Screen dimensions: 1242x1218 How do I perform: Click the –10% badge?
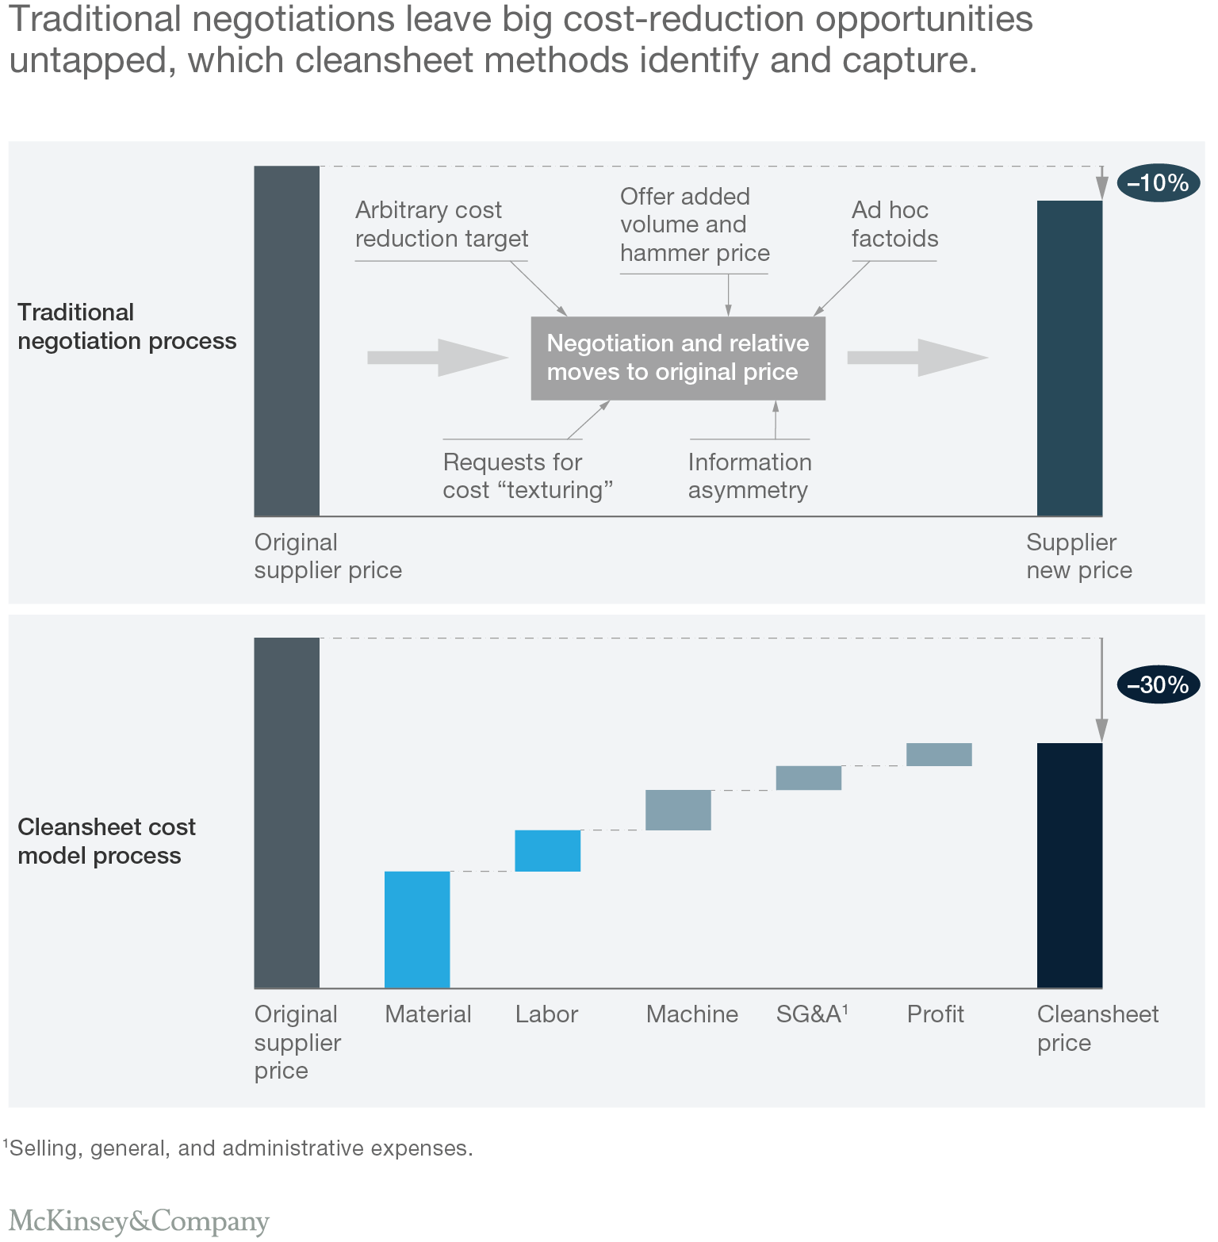[x=1158, y=183]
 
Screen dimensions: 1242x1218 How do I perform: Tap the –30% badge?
[x=1158, y=684]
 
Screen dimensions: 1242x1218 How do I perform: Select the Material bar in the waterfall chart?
[x=417, y=930]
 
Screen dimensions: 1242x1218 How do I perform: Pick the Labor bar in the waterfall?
[x=547, y=851]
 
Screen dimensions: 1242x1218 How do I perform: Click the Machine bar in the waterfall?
[x=678, y=810]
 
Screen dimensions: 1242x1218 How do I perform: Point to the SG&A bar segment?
[x=808, y=778]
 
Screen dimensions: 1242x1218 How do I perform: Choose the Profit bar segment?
[x=939, y=754]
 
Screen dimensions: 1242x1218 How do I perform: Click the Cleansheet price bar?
[x=1069, y=865]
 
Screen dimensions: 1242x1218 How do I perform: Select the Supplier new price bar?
[x=1069, y=358]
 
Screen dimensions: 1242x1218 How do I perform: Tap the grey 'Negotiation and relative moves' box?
[x=678, y=358]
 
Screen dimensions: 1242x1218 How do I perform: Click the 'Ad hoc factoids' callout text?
[x=894, y=224]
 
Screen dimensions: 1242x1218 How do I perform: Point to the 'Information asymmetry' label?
[x=749, y=476]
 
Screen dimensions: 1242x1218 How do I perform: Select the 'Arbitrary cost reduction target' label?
[x=441, y=224]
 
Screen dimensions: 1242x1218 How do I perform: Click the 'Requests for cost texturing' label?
[x=527, y=476]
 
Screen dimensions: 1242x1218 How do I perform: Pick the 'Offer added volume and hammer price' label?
[x=695, y=224]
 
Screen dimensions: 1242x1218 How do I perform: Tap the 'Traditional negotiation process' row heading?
[x=127, y=327]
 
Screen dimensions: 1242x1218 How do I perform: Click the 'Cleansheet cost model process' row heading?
[x=106, y=841]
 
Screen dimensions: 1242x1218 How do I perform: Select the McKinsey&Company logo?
[x=139, y=1221]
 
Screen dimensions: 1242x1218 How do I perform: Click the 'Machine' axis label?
[x=691, y=1014]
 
